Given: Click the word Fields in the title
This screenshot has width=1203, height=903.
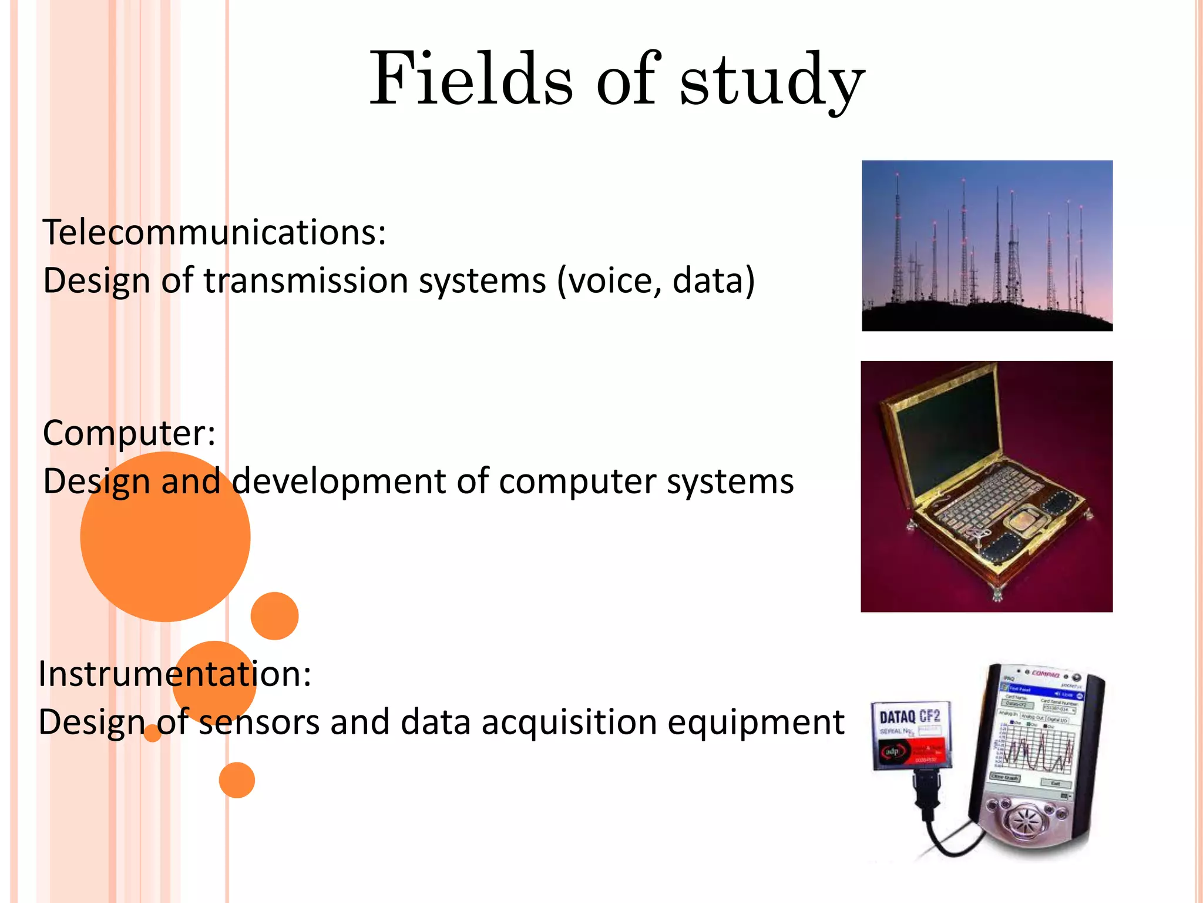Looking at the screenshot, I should (x=470, y=79).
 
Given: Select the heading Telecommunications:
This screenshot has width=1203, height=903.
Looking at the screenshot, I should (x=214, y=232).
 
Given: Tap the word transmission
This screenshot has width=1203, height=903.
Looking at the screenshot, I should (x=306, y=280).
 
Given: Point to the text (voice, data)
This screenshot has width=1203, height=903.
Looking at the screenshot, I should (x=656, y=280).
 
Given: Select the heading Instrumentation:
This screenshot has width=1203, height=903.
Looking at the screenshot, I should (x=174, y=674).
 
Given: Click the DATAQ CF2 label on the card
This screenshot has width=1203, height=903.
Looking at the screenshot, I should (x=909, y=716).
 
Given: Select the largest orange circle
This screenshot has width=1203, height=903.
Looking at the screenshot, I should (x=165, y=537).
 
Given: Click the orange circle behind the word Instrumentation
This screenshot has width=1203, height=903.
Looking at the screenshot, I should (x=214, y=682).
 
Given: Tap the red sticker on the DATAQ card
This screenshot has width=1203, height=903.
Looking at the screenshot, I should (x=916, y=752).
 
